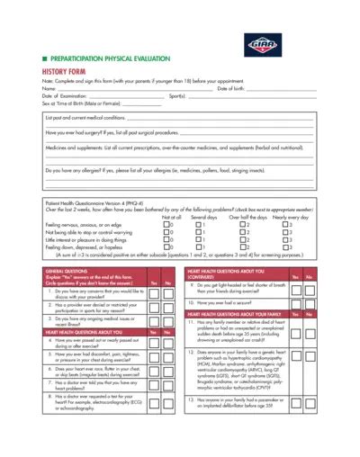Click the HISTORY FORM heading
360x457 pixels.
point(65,70)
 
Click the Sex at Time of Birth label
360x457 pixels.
point(84,102)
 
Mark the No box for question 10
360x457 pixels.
point(310,304)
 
